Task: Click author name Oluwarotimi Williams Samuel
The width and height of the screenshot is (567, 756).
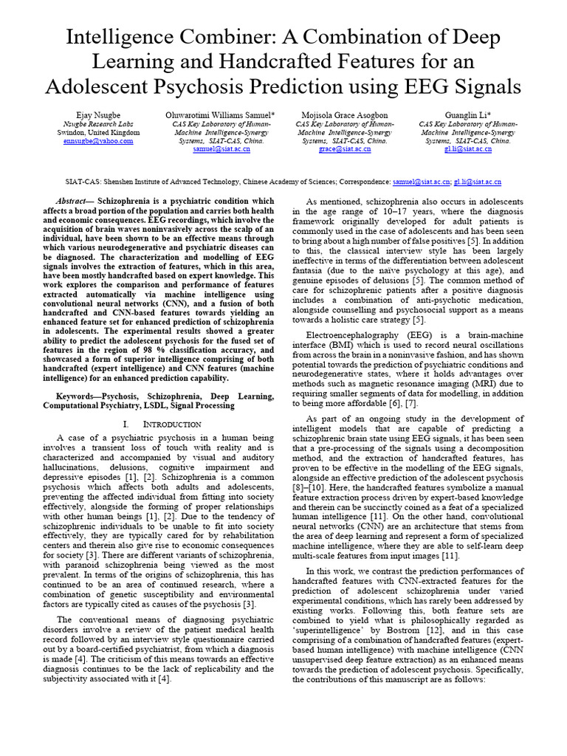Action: point(221,115)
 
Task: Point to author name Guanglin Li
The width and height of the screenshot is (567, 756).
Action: point(464,115)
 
